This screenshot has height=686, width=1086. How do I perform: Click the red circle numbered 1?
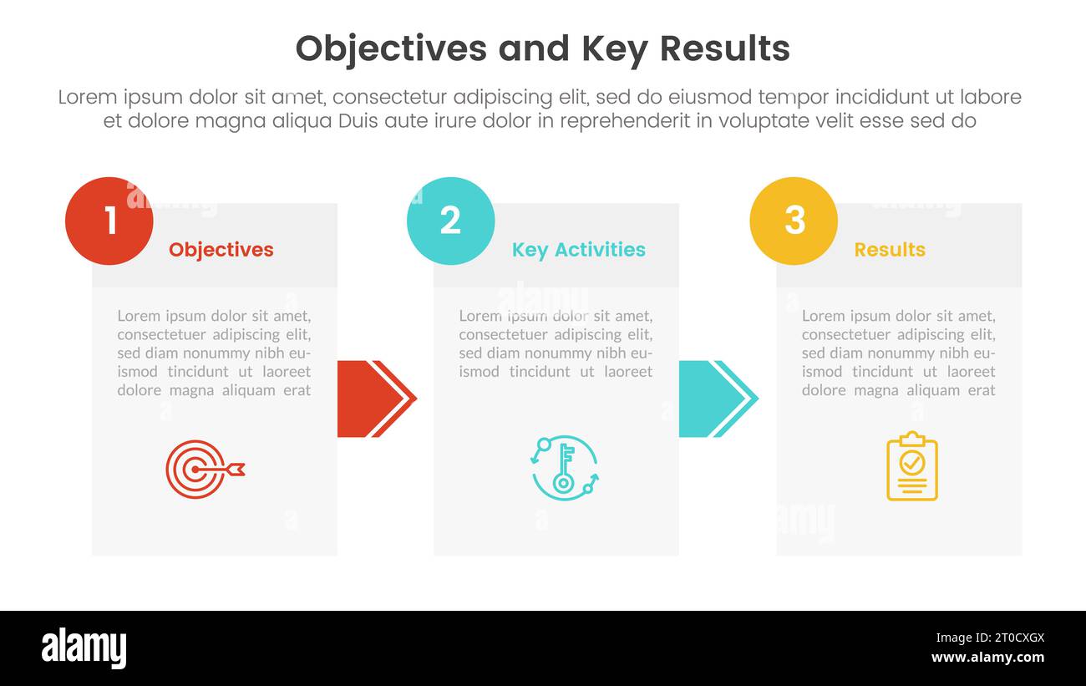(x=109, y=221)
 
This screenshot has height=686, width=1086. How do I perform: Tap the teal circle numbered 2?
(x=450, y=221)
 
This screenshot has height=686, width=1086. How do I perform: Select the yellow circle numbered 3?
(x=794, y=221)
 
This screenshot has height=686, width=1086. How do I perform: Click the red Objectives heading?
(x=221, y=249)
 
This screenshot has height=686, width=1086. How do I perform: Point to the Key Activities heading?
(x=578, y=249)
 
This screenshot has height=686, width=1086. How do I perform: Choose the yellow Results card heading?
(x=889, y=249)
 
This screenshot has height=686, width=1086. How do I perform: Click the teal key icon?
(x=565, y=468)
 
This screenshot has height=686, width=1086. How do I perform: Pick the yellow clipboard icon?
(x=911, y=466)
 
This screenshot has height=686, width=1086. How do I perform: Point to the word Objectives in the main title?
(x=391, y=49)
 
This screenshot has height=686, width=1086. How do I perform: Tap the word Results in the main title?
(x=724, y=49)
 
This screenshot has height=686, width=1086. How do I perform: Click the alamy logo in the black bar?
(x=84, y=648)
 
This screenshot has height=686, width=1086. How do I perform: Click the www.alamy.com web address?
(x=987, y=658)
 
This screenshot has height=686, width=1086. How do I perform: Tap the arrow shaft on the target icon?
(x=219, y=470)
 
